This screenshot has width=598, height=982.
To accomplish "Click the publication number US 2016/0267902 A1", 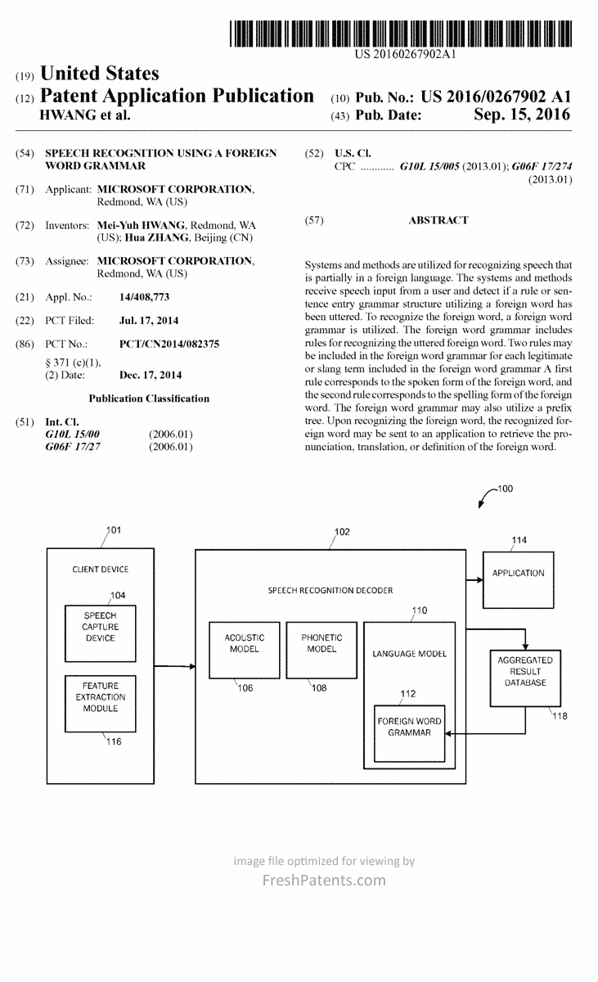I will (x=496, y=97).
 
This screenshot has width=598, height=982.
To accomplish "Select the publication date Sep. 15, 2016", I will (x=522, y=116).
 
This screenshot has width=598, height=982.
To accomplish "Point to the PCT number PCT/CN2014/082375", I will (x=169, y=345).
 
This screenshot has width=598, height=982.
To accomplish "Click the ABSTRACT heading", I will (x=438, y=220).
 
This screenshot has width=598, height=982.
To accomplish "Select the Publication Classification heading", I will (x=149, y=399).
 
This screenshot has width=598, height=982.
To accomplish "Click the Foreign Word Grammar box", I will (x=409, y=727).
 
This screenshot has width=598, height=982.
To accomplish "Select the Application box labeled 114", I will (x=518, y=574).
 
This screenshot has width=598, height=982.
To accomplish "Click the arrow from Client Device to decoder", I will (x=173, y=667).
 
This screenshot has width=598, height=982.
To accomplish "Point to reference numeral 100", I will (x=505, y=489).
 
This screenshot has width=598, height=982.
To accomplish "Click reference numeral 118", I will (x=560, y=716).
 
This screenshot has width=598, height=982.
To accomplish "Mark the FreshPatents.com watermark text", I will (x=323, y=881).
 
